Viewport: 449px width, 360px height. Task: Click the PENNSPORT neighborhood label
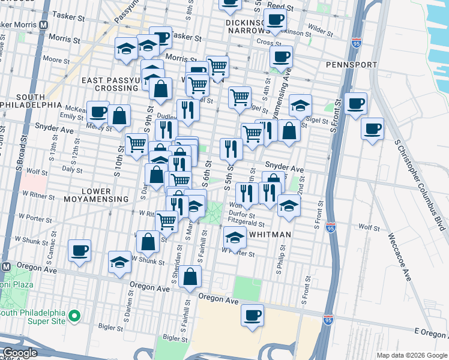tap(351, 64)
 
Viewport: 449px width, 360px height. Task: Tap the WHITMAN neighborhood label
tap(270, 235)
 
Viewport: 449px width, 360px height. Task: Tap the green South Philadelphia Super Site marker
tap(75, 315)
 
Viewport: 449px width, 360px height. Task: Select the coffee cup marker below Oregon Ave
tap(253, 314)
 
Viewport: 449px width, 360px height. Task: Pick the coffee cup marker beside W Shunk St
tap(79, 250)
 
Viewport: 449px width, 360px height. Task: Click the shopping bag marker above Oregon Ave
tap(190, 277)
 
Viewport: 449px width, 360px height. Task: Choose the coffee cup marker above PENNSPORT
tap(280, 57)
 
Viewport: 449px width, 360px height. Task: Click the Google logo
tap(20, 353)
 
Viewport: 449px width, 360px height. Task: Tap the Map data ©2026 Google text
tap(412, 355)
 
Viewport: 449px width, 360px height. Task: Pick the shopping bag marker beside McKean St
tap(119, 115)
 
